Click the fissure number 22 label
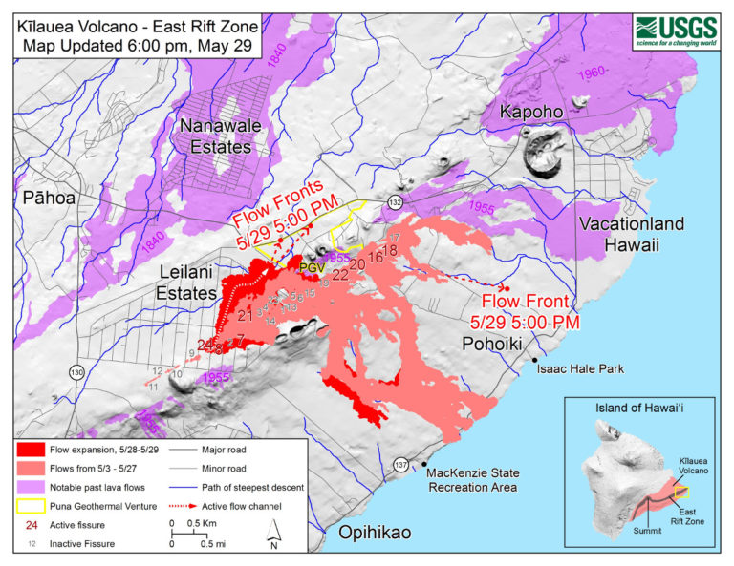pyautogui.click(x=339, y=274)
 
